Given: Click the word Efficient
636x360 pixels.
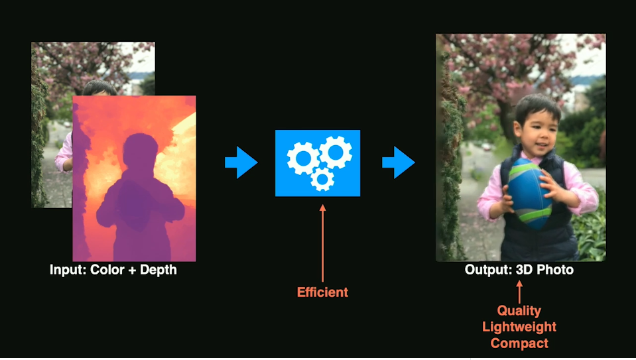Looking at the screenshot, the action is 322,292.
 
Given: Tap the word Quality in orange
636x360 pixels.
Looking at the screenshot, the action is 519,311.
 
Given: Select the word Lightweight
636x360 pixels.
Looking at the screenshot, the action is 519,327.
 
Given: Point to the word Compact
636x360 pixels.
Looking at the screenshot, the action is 519,343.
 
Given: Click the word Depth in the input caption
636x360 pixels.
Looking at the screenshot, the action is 159,270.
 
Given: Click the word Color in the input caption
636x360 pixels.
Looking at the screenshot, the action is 107,270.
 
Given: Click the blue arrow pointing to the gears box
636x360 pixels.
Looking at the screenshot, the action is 241,162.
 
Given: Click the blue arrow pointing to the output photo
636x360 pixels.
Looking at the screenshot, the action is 399,162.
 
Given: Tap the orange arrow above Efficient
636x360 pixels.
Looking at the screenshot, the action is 323,243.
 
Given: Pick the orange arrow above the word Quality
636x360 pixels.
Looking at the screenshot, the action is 519,292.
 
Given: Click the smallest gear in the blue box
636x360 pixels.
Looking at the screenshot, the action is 322,178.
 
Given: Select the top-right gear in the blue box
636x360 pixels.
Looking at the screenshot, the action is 336,152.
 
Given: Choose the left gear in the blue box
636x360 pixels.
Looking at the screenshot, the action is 303,158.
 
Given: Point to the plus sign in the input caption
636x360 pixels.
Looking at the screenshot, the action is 132,270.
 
